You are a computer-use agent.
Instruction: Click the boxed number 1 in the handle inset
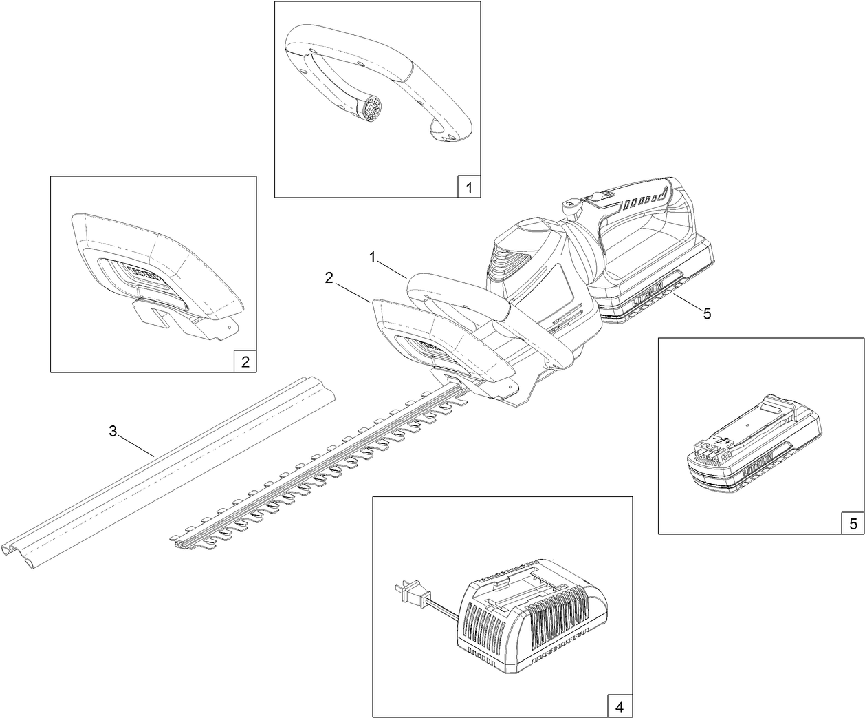[469, 187]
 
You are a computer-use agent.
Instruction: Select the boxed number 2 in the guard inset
[245, 361]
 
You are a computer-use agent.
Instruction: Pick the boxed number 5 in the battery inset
[853, 523]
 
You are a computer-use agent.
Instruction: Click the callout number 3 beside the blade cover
[113, 432]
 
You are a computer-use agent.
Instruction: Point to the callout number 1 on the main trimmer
[372, 257]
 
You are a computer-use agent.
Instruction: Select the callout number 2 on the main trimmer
[329, 277]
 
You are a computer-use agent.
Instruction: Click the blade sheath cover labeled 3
[172, 468]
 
